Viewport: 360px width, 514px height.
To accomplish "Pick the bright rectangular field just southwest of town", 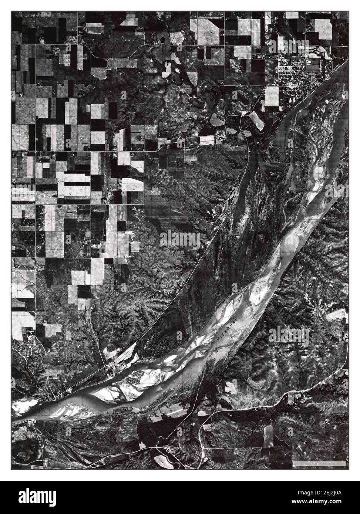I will click(x=271, y=97).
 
